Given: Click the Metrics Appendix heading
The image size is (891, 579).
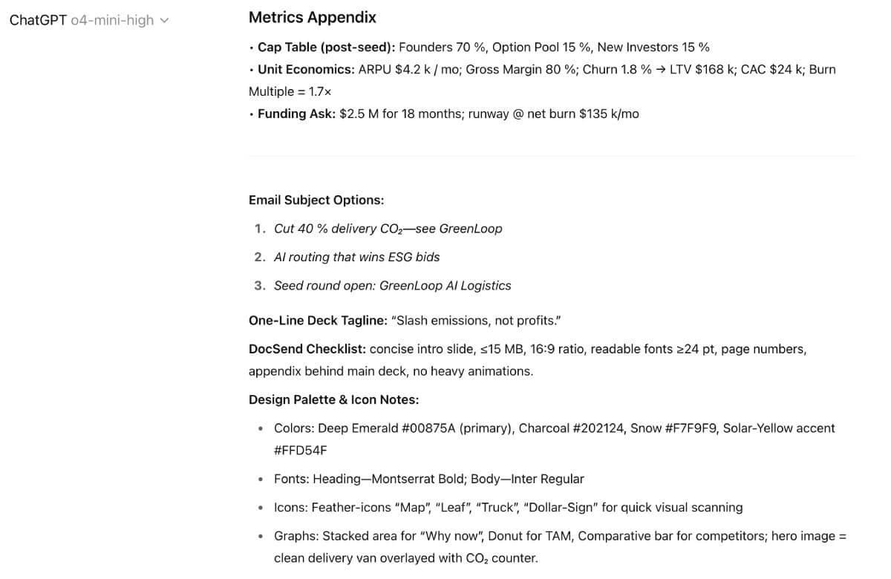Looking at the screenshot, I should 312,17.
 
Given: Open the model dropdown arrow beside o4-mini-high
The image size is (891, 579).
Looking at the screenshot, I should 164,21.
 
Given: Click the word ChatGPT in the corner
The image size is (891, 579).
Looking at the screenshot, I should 38,20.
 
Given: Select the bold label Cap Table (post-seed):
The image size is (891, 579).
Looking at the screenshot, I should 326,47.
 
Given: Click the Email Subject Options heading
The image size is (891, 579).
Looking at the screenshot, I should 316,200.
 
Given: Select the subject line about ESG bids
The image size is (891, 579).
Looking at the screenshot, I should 356,257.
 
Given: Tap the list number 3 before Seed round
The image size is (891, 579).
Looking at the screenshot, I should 259,286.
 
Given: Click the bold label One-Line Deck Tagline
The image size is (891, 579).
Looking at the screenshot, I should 318,321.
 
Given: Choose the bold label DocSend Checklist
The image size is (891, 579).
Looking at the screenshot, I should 307,349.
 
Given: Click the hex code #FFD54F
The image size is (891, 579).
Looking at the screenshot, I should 300,451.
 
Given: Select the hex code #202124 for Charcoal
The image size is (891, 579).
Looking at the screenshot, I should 598,428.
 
